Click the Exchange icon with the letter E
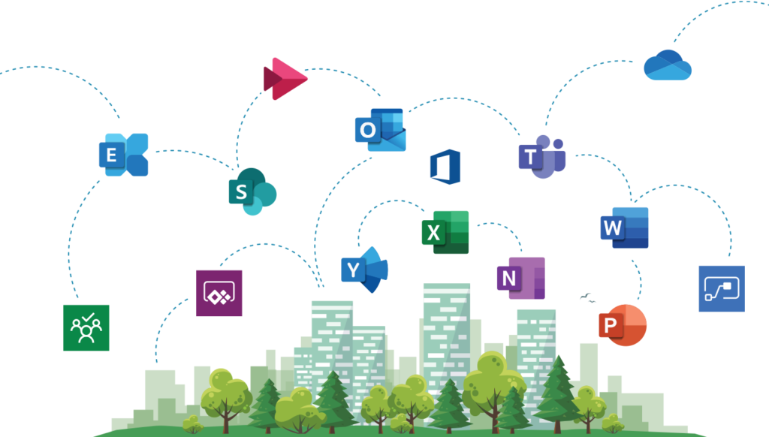click(124, 155)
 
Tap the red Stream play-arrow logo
click(285, 79)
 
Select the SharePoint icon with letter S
click(252, 191)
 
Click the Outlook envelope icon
click(381, 130)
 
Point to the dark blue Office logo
click(445, 167)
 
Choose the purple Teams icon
click(542, 156)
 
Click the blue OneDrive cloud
click(668, 65)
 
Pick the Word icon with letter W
click(624, 228)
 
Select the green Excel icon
click(445, 232)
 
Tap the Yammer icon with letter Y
click(365, 270)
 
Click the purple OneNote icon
click(521, 278)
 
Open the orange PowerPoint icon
click(623, 325)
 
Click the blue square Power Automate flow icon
click(722, 289)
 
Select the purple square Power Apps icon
click(219, 294)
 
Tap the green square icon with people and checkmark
click(86, 327)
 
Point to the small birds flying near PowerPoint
click(587, 297)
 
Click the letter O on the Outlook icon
click(368, 130)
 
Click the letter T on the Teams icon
click(530, 157)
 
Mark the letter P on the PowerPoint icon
click(610, 324)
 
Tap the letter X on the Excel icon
click(433, 233)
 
